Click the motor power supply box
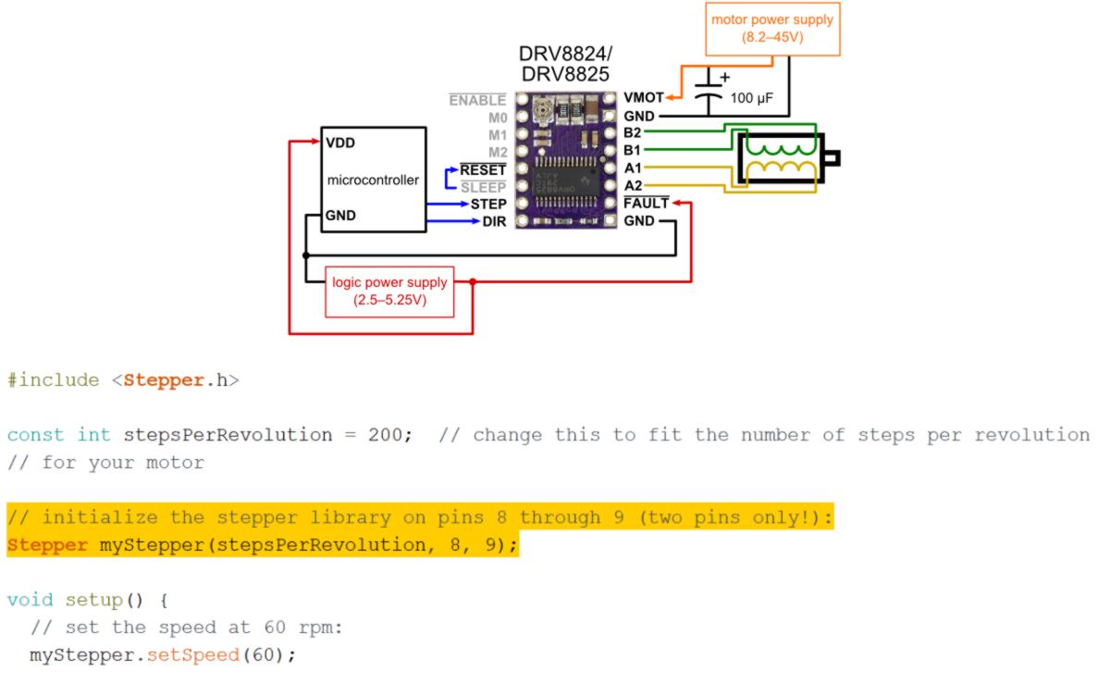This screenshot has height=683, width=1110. tap(773, 29)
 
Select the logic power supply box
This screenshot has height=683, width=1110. tap(389, 291)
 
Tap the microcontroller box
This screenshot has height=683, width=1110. tap(373, 180)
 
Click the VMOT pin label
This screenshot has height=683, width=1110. tap(644, 97)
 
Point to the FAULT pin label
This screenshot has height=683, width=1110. tap(646, 203)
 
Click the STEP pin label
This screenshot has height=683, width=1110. tap(488, 204)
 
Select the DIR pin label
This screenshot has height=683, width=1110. tap(494, 221)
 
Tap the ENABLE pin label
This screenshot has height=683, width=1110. tap(477, 100)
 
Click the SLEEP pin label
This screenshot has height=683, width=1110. tap(483, 187)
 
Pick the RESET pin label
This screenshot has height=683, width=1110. tap(483, 169)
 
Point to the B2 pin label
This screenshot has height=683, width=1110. tap(633, 132)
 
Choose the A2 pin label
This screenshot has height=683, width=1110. tap(633, 185)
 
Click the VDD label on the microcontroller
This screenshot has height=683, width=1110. tap(340, 143)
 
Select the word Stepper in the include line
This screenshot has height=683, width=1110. tap(164, 379)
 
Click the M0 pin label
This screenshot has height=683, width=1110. tap(498, 118)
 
